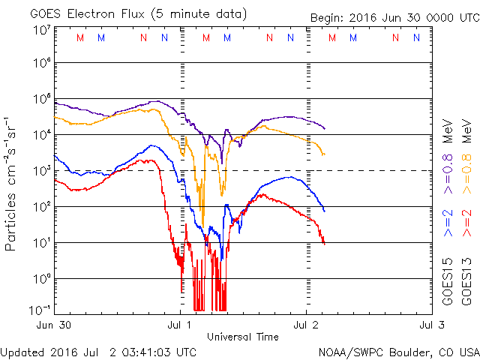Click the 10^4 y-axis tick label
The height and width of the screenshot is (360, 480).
coord(41,135)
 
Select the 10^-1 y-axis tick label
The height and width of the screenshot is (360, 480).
coord(41,308)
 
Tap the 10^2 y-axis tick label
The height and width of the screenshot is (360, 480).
coord(41,207)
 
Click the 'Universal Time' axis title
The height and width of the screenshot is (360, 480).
coord(243,337)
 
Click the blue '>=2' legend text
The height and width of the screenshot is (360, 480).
coord(448,223)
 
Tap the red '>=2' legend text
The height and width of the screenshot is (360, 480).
coord(466,223)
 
